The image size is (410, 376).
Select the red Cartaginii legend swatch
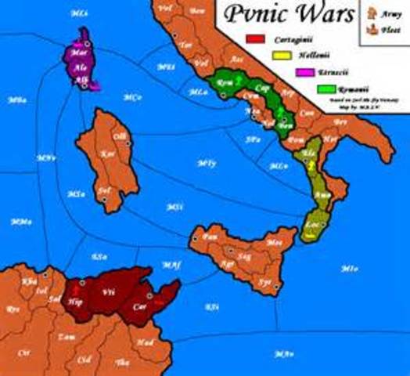click(255, 38)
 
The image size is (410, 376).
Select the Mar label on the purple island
click(78, 53)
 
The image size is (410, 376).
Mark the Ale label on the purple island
click(80, 67)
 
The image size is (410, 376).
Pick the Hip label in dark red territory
click(76, 300)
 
